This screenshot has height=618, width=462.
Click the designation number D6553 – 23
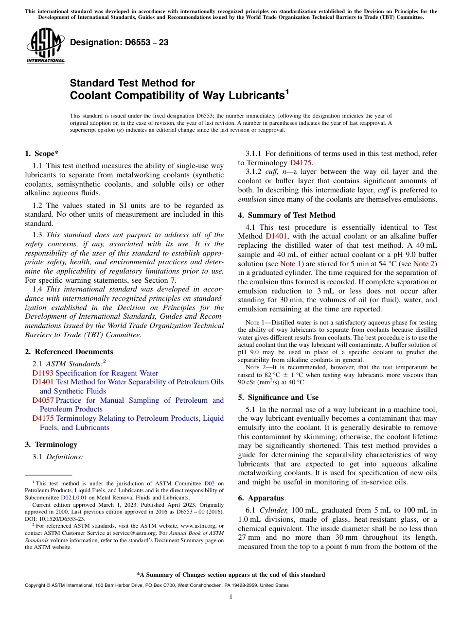[119, 42]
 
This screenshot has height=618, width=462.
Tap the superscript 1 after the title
[287, 91]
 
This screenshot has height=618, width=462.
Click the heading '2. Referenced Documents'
[69, 352]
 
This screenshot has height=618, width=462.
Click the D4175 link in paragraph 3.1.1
[301, 163]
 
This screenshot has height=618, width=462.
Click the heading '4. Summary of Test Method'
[286, 215]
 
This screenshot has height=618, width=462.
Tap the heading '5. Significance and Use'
[278, 397]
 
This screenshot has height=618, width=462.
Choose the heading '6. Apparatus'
[261, 498]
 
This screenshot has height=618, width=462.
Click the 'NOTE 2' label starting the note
[255, 367]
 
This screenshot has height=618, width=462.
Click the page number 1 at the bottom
[231, 597]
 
